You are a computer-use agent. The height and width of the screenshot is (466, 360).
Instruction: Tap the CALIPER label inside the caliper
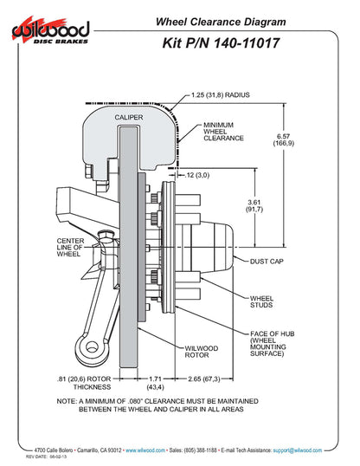128,115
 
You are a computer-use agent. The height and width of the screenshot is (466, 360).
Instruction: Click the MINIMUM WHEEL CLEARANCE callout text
222,131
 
